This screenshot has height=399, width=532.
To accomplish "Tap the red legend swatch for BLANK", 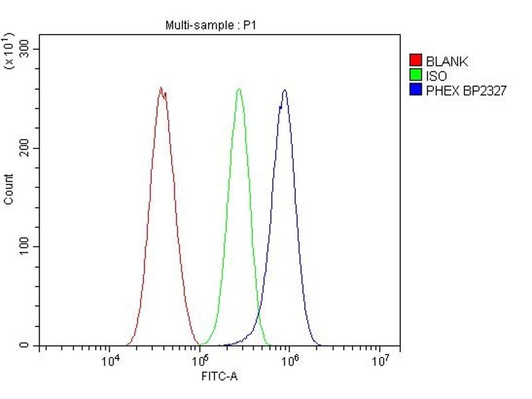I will (416, 61).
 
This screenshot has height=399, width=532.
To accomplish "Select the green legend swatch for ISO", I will (416, 76).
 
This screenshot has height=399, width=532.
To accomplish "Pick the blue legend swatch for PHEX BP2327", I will (416, 90).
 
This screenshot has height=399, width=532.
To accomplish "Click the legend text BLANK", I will (447, 62).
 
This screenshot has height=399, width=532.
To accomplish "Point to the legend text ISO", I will (436, 76).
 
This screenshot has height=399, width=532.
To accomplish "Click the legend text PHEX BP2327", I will (465, 91).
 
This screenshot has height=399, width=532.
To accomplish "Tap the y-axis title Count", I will (9, 189).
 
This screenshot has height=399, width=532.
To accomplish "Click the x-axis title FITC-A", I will (219, 376).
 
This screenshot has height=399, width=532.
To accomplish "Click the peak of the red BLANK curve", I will (161, 88).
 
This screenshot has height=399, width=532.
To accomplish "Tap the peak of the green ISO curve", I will (239, 89).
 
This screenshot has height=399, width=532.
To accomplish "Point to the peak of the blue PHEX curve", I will (285, 90).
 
